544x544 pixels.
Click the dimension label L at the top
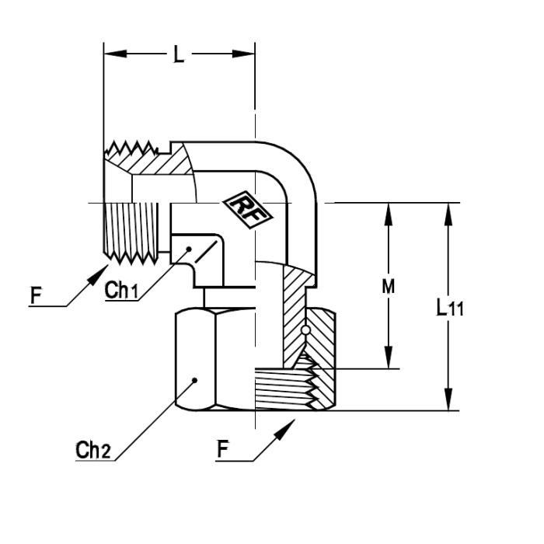(179, 54)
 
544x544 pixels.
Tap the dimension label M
(389, 287)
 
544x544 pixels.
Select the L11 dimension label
(450, 308)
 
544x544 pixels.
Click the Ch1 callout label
(121, 291)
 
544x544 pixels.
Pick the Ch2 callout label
(93, 450)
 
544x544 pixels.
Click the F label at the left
(36, 296)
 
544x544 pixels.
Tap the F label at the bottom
(223, 449)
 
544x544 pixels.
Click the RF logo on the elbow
(247, 210)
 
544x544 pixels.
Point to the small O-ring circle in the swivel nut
(305, 330)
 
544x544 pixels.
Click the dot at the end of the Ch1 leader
(189, 249)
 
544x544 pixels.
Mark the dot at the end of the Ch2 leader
(194, 380)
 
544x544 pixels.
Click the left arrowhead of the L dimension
(115, 54)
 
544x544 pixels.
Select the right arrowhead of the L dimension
(243, 54)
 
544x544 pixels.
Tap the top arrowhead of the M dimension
(389, 214)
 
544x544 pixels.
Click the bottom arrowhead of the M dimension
(389, 357)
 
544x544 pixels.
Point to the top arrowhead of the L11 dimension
(448, 214)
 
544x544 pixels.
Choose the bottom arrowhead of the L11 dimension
(448, 399)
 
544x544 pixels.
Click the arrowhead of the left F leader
(100, 274)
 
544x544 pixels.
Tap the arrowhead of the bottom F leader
(285, 429)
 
